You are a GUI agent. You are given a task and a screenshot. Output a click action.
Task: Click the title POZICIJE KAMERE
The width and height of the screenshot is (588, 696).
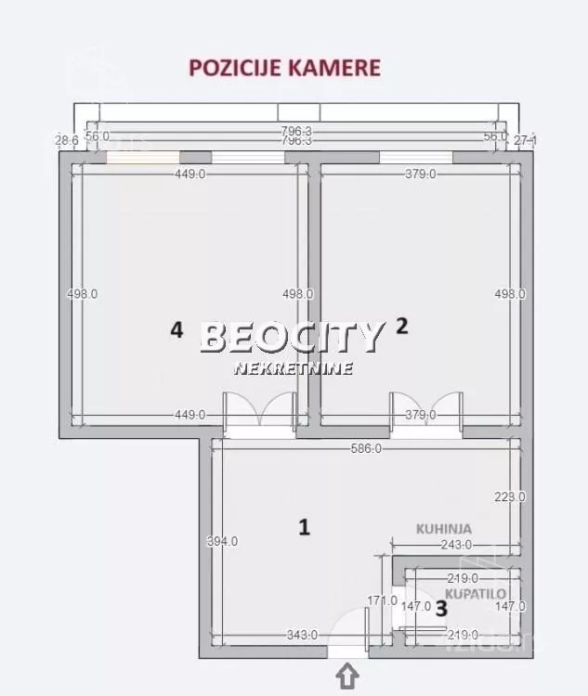[x=284, y=67]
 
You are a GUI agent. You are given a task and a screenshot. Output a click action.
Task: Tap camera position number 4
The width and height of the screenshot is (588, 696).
[x=176, y=329]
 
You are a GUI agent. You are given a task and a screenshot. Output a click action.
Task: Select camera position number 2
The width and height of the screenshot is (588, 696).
[x=401, y=326]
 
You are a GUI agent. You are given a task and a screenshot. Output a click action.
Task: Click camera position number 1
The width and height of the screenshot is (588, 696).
[x=303, y=527]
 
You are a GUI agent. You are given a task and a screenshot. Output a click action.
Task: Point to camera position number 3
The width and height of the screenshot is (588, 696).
[x=441, y=609]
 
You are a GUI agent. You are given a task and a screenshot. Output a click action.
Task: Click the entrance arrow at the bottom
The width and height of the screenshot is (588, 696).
[x=347, y=677]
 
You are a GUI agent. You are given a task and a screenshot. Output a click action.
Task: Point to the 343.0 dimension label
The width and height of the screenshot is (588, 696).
[x=302, y=635]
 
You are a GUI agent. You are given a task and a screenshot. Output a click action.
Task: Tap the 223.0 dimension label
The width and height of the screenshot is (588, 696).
[x=510, y=496]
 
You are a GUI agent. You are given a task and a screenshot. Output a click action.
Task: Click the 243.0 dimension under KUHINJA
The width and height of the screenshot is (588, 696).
[x=455, y=545]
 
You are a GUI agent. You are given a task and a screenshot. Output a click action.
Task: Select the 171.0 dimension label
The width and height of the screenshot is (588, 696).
[x=382, y=600]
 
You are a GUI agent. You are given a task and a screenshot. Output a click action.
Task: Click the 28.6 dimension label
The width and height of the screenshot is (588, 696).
[x=66, y=140]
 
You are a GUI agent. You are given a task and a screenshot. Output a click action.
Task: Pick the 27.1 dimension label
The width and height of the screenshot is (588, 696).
[x=526, y=140]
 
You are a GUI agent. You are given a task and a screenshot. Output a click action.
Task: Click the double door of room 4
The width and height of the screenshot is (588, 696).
[x=260, y=409]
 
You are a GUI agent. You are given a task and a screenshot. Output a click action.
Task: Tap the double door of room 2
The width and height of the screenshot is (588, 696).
[x=426, y=409]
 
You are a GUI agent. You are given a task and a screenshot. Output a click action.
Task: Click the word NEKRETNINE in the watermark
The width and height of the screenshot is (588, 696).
[x=293, y=368]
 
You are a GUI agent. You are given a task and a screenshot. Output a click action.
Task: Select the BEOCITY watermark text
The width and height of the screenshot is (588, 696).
[x=292, y=337]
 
